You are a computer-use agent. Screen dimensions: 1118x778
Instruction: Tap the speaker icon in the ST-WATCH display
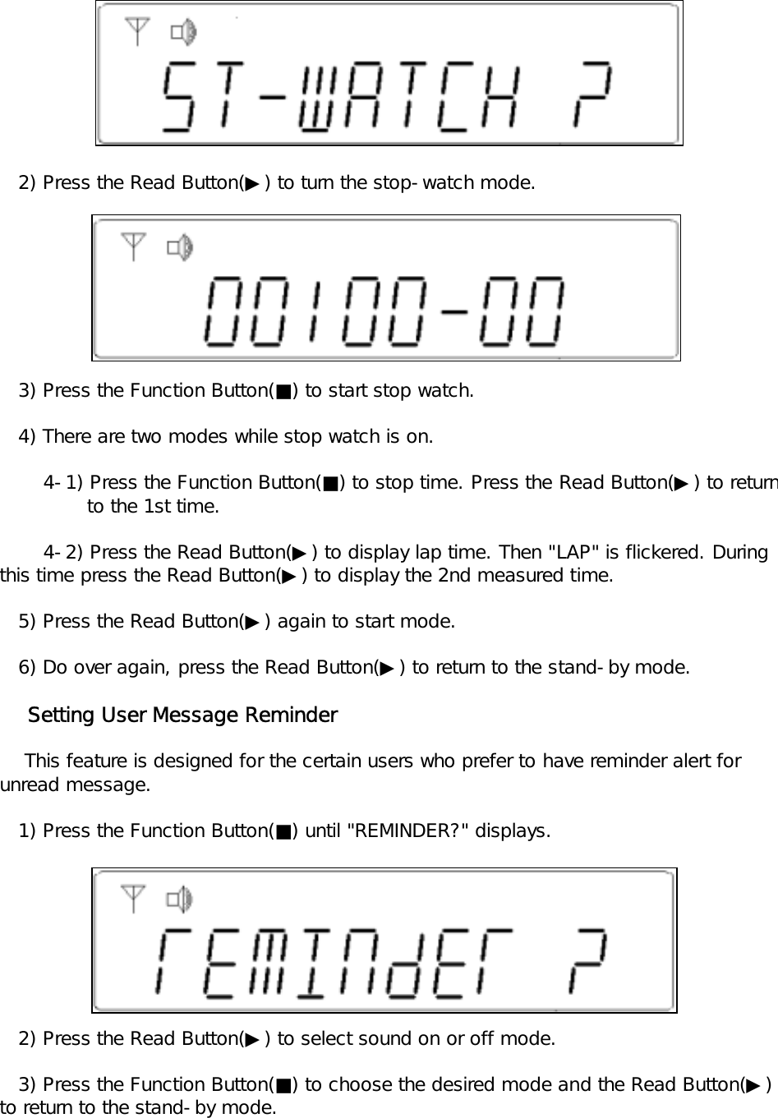click(182, 33)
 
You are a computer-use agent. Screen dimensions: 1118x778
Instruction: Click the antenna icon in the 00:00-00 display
click(133, 246)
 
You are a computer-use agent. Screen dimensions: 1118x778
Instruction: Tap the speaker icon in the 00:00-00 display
click(180, 246)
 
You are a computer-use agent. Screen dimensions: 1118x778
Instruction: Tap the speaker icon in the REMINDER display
click(179, 899)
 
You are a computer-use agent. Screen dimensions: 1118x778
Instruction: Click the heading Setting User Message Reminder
click(182, 715)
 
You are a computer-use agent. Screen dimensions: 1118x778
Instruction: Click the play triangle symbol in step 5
click(252, 622)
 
